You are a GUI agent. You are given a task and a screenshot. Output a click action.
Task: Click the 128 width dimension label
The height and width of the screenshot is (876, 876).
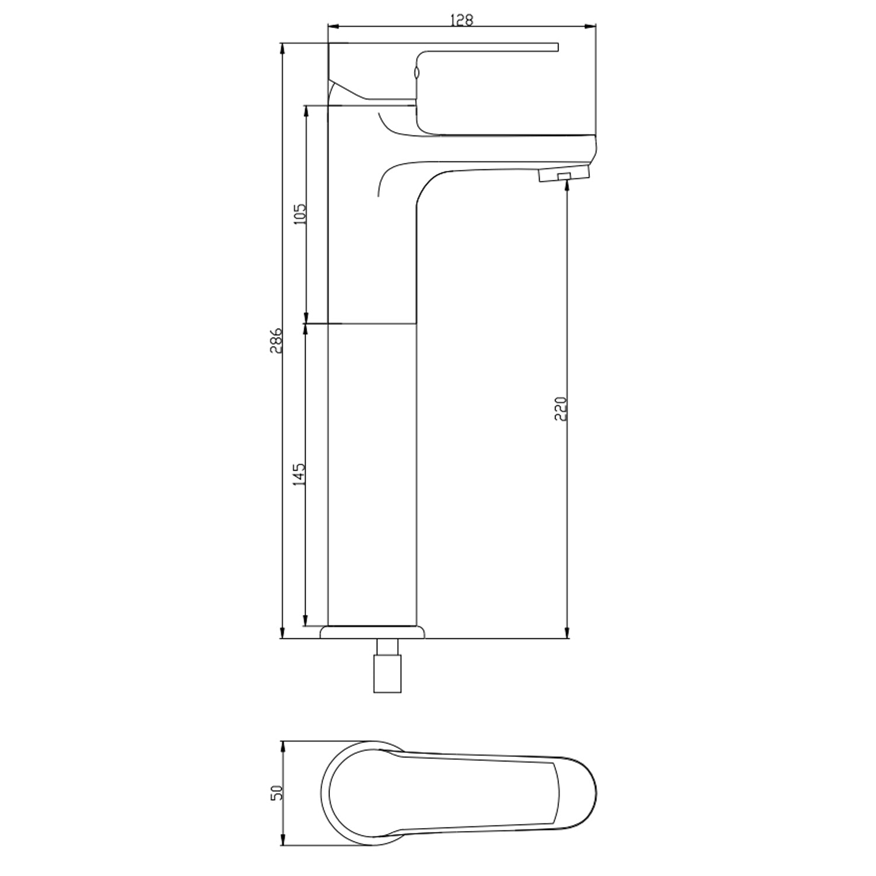(x=461, y=19)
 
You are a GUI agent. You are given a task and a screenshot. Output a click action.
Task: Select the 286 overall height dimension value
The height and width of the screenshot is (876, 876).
(x=276, y=340)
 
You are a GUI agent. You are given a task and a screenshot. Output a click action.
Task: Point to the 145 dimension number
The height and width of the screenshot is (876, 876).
(x=299, y=475)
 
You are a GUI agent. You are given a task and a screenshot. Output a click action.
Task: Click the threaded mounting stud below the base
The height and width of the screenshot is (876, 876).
(x=388, y=665)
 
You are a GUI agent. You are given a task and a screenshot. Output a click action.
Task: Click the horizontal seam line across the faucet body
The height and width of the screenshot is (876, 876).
(x=373, y=324)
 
